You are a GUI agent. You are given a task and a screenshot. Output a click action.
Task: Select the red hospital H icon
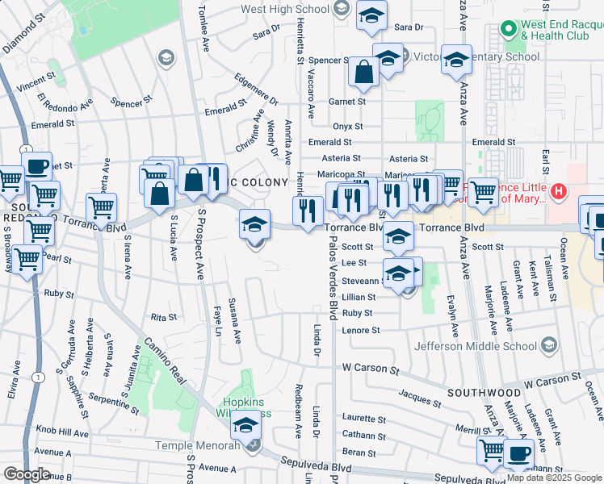coord(557,191)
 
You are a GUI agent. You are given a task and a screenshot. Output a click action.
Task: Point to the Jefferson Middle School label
coord(476,346)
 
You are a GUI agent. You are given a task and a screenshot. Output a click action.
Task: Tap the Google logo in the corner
coord(26,474)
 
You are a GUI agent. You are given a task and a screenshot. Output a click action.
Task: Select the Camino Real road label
coord(169,359)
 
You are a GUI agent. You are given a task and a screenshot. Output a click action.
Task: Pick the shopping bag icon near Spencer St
coord(364,72)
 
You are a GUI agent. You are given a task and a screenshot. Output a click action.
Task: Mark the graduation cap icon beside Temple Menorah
coord(245,425)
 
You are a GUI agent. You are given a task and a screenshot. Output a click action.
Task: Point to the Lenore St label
coord(361,330)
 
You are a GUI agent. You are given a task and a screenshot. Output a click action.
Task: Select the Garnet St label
coord(348,102)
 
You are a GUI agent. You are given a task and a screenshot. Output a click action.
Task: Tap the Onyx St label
coord(348,127)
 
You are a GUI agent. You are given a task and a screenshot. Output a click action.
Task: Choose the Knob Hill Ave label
coord(68,433)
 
